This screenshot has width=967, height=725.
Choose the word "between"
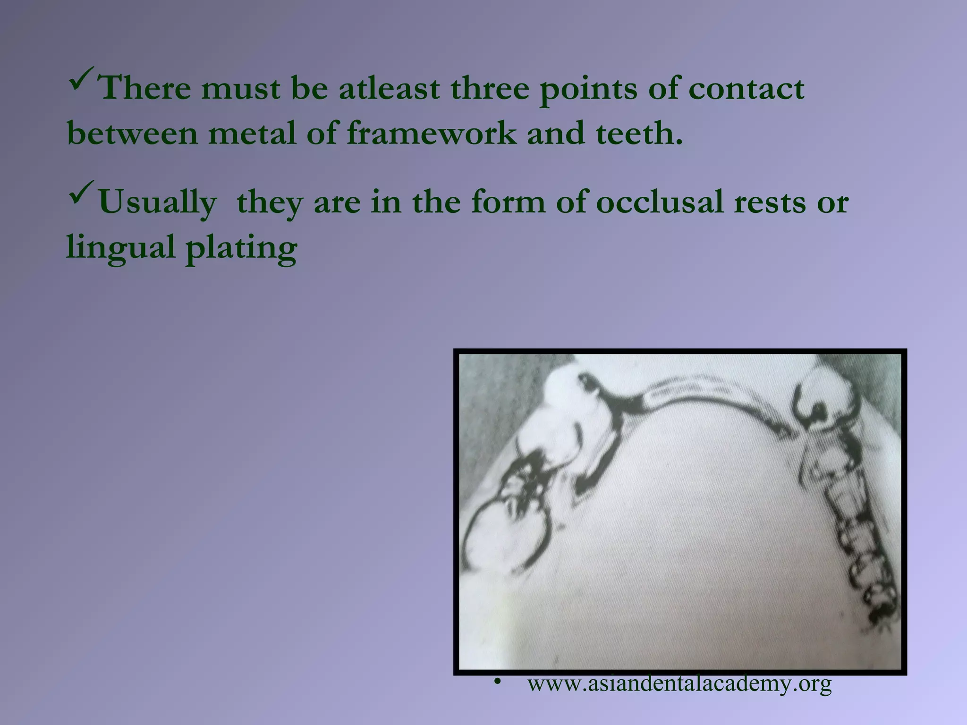(x=132, y=133)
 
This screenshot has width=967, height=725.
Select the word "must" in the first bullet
(x=240, y=89)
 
